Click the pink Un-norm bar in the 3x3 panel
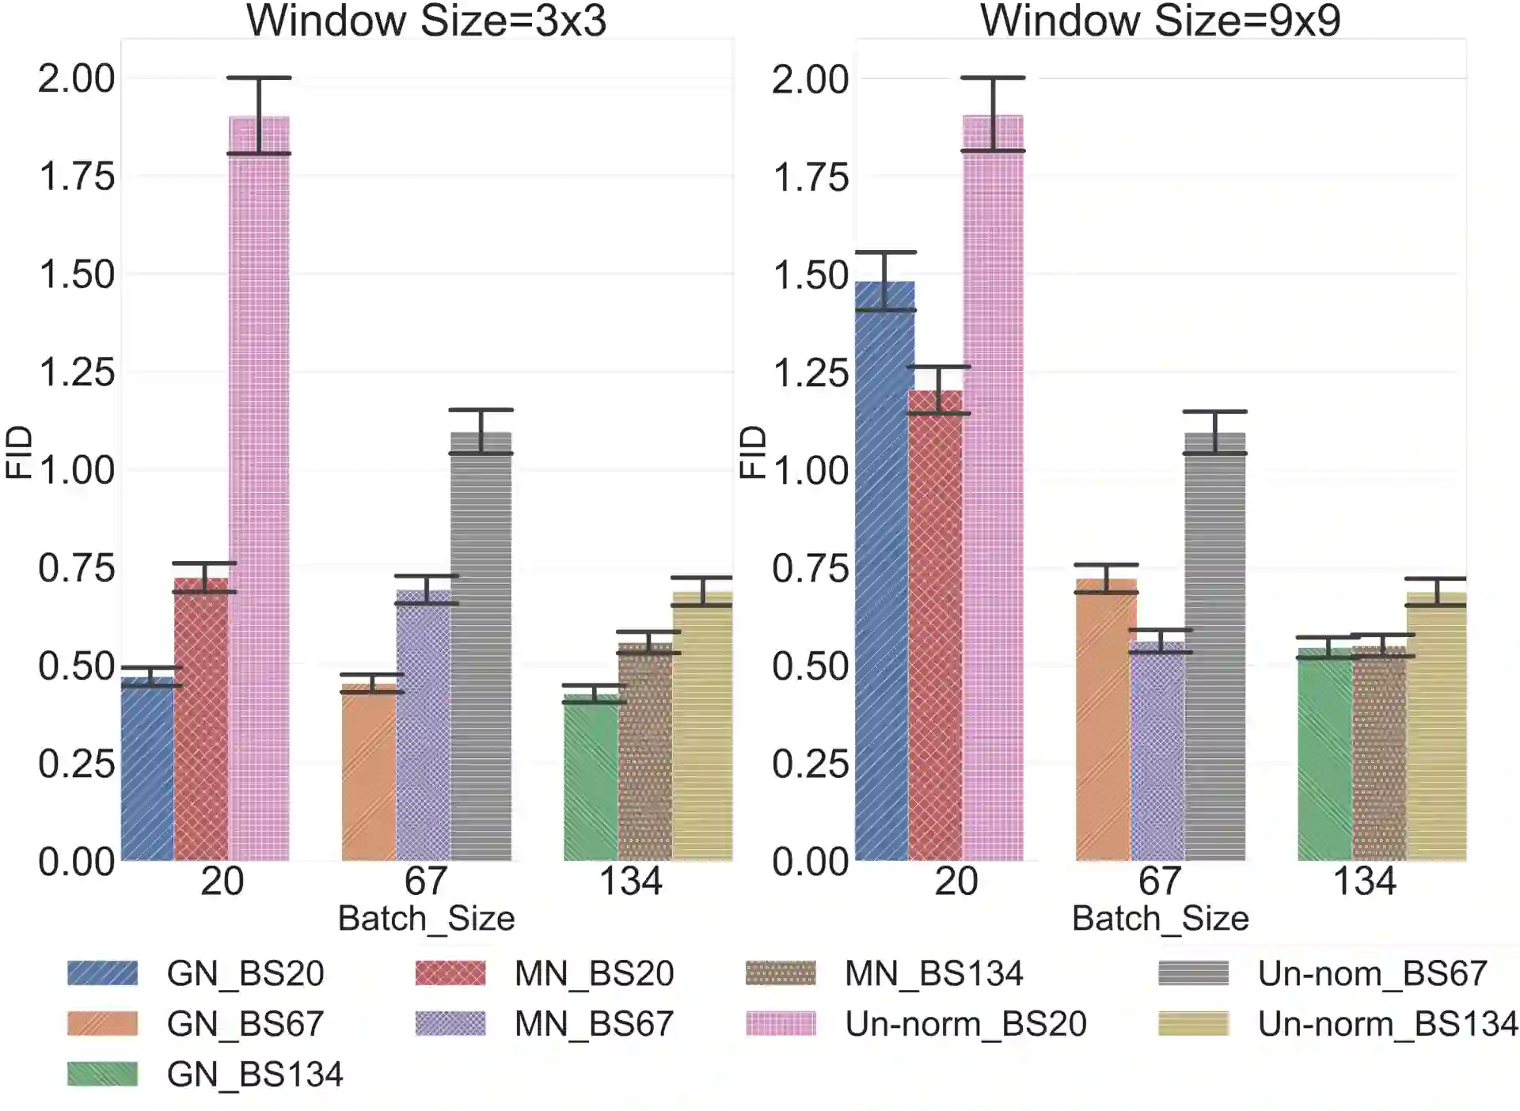point(259,491)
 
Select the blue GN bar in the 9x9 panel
point(884,570)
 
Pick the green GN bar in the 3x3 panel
point(591,779)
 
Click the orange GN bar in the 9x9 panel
point(1106,720)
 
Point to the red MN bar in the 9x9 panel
point(936,625)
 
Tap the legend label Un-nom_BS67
point(1372,973)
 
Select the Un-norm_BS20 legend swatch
point(781,1024)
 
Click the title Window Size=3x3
point(427,21)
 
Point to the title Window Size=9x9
point(1161,21)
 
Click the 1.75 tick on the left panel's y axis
point(77,176)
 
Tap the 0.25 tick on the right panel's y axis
point(810,764)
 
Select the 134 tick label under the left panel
point(630,882)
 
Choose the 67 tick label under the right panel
point(1160,882)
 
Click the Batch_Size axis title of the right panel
point(1160,919)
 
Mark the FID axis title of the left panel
point(19,452)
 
